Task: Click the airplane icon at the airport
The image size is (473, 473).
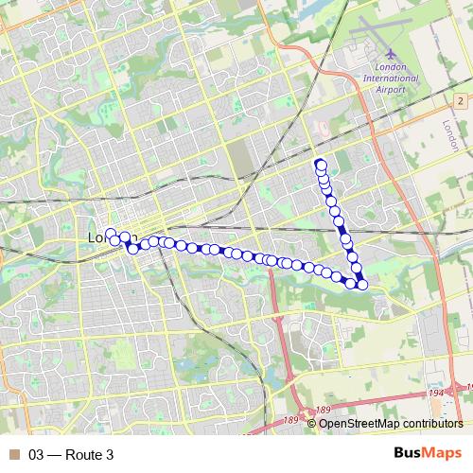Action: (x=391, y=54)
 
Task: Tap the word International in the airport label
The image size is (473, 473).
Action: (x=391, y=78)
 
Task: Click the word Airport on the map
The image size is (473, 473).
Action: (x=391, y=88)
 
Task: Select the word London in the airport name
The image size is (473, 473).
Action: (x=391, y=67)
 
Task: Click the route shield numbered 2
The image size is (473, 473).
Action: (x=460, y=100)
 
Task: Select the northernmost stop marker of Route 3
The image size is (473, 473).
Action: (x=321, y=163)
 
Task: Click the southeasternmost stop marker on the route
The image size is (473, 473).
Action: (x=361, y=285)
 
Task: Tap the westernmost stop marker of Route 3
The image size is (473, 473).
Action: (x=111, y=234)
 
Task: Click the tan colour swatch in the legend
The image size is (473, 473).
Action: (x=13, y=455)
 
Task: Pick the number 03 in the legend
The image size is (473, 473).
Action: (x=37, y=455)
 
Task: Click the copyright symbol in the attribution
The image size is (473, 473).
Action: (x=312, y=424)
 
